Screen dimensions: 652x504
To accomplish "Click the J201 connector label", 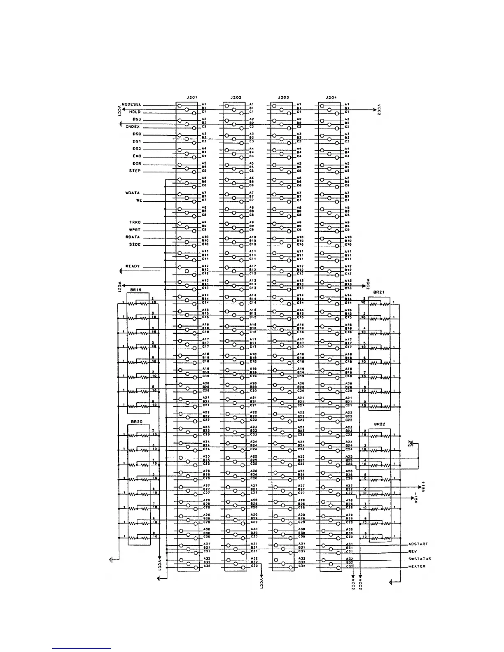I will pyautogui.click(x=192, y=98).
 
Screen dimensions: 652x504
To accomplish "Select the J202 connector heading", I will pyautogui.click(x=236, y=98).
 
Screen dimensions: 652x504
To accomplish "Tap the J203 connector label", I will pyautogui.click(x=284, y=98).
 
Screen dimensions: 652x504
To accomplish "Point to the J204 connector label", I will pyautogui.click(x=331, y=98).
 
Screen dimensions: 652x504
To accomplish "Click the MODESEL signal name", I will pyautogui.click(x=132, y=105).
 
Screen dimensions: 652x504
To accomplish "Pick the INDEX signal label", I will pyautogui.click(x=133, y=127).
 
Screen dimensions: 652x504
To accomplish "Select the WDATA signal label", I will pyautogui.click(x=133, y=193).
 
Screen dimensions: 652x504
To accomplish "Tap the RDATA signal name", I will pyautogui.click(x=133, y=237).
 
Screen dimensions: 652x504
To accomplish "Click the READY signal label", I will pyautogui.click(x=133, y=266).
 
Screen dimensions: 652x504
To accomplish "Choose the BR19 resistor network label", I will pyautogui.click(x=136, y=290).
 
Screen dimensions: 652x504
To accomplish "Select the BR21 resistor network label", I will pyautogui.click(x=379, y=292).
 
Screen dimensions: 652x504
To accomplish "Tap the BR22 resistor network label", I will pyautogui.click(x=380, y=424).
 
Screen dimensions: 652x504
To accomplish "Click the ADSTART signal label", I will pyautogui.click(x=418, y=544).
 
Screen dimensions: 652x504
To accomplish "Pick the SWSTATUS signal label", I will pyautogui.click(x=420, y=559).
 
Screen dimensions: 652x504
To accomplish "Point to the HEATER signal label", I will pyautogui.click(x=417, y=566).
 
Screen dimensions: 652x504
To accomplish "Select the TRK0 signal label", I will pyautogui.click(x=135, y=222).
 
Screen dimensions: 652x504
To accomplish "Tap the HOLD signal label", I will pyautogui.click(x=135, y=112).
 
